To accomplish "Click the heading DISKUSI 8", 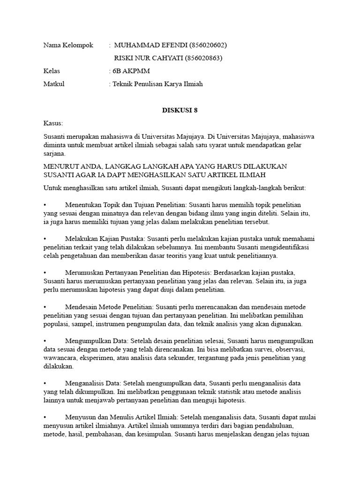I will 177,110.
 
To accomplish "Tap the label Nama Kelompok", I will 68,45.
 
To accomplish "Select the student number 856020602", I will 208,45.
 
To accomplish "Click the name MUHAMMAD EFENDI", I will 150,45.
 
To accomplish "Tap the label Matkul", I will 53,84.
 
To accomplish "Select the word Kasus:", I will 52,123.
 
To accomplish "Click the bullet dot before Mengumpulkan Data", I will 45,341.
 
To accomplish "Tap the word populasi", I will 58,324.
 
